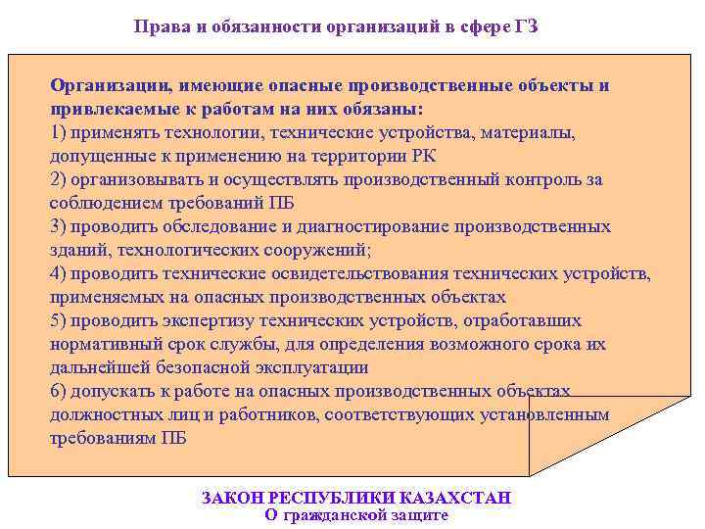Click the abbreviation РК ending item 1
[x=424, y=156]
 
